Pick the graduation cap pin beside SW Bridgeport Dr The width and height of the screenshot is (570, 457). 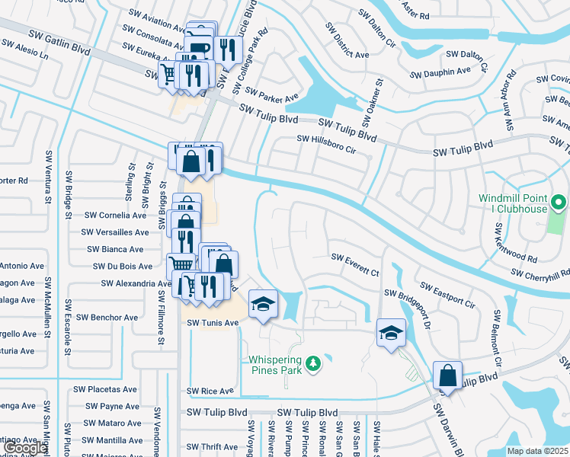[391, 332]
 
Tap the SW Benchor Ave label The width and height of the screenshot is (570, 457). [107, 317]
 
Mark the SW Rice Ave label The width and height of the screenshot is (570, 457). [210, 391]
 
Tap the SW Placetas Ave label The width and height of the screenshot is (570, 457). [106, 389]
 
